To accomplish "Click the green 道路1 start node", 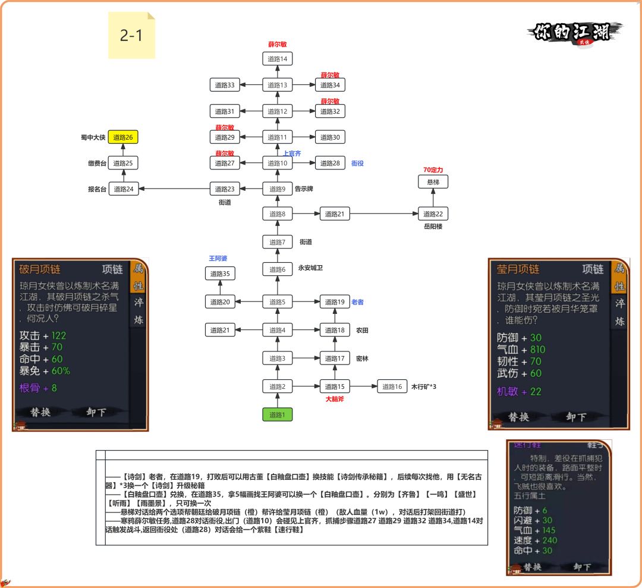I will click(x=278, y=415).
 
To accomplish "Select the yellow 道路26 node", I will click(x=124, y=137).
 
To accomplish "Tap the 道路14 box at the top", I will click(x=278, y=59).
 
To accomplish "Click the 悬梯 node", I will click(x=433, y=181).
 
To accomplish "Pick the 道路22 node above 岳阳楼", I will click(x=433, y=214).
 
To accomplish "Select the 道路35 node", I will click(x=220, y=273).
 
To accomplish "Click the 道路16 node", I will click(x=392, y=387).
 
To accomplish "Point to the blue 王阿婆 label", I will click(x=218, y=258).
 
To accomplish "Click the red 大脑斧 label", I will click(x=335, y=399).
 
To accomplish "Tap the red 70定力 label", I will click(x=433, y=170).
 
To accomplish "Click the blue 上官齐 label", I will click(x=292, y=153).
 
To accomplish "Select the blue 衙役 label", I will click(x=357, y=163).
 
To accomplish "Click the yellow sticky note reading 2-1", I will click(x=131, y=36).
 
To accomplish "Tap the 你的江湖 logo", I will click(x=574, y=32).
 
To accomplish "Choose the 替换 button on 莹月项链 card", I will click(x=518, y=417).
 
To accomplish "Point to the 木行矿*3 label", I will click(x=424, y=387).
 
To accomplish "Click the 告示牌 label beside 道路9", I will click(x=304, y=189).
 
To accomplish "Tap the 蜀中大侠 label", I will click(x=93, y=137).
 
